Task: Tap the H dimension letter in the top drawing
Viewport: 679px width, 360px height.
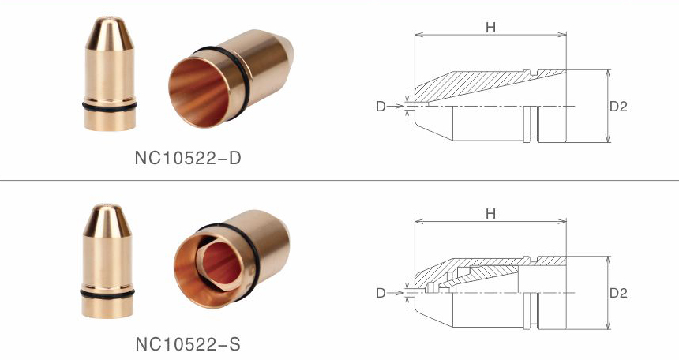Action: click(x=490, y=27)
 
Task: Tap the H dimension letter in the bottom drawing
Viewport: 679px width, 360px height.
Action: click(x=490, y=214)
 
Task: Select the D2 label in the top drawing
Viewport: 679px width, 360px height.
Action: click(x=618, y=106)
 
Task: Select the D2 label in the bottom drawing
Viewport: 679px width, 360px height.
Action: click(x=618, y=293)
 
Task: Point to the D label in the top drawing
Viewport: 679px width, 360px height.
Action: click(x=380, y=106)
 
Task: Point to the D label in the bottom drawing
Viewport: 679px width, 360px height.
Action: click(x=380, y=293)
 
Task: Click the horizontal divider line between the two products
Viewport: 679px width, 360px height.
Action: click(x=339, y=180)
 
